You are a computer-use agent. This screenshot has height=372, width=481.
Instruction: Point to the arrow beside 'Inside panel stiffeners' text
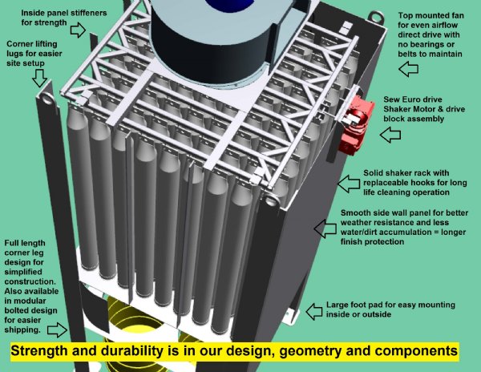pyautogui.click(x=78, y=30)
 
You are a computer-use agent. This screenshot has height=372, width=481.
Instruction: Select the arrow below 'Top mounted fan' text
pyautogui.click(x=408, y=70)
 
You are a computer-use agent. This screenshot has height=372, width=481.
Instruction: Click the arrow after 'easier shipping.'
pyautogui.click(x=57, y=329)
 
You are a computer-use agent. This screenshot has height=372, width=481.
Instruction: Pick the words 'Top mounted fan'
pyautogui.click(x=430, y=15)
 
